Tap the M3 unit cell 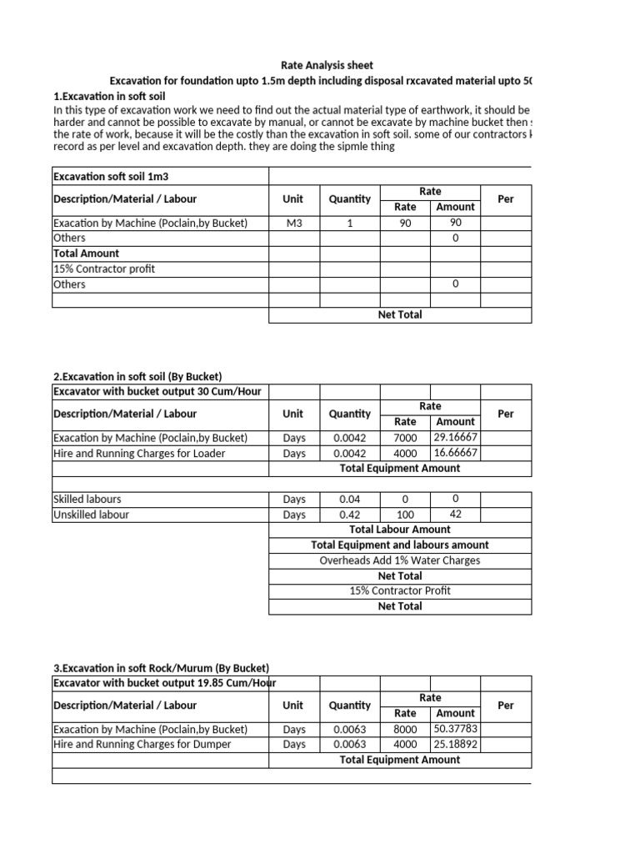pyautogui.click(x=293, y=224)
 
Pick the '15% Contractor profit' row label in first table pyautogui.click(x=103, y=269)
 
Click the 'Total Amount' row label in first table pyautogui.click(x=86, y=254)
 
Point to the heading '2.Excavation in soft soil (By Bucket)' pyautogui.click(x=137, y=377)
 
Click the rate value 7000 pyautogui.click(x=405, y=438)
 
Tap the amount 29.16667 pyautogui.click(x=455, y=438)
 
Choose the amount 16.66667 pyautogui.click(x=455, y=453)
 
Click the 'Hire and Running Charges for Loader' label pyautogui.click(x=139, y=453)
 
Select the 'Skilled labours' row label pyautogui.click(x=87, y=500)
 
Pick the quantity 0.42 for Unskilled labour pyautogui.click(x=349, y=515)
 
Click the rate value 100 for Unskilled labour pyautogui.click(x=405, y=515)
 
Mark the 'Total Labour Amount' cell pyautogui.click(x=400, y=530)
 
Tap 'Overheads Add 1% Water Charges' pyautogui.click(x=400, y=560)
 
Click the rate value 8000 pyautogui.click(x=405, y=729)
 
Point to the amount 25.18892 pyautogui.click(x=455, y=744)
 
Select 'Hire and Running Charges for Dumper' pyautogui.click(x=142, y=744)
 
